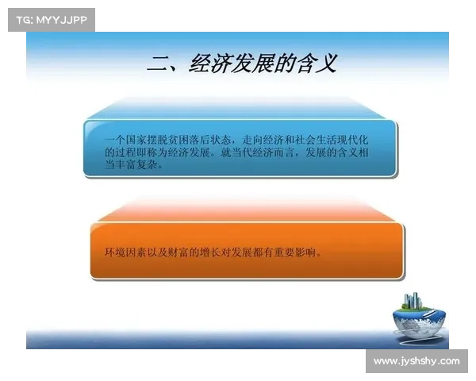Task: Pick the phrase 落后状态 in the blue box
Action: click(x=213, y=139)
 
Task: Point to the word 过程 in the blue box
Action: click(x=125, y=152)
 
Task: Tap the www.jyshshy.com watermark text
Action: click(x=416, y=361)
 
